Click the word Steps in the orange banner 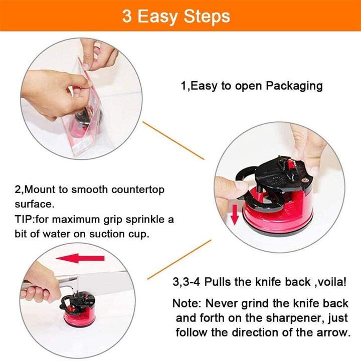point(207,17)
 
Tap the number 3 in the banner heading point(127,16)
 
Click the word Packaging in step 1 point(294,86)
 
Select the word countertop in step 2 point(138,190)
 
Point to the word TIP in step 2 point(25,219)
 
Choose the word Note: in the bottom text point(187,303)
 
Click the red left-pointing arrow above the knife point(80,258)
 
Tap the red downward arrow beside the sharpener point(234,215)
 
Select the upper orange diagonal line point(173,140)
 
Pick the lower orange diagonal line point(179,260)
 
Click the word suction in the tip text point(107,234)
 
